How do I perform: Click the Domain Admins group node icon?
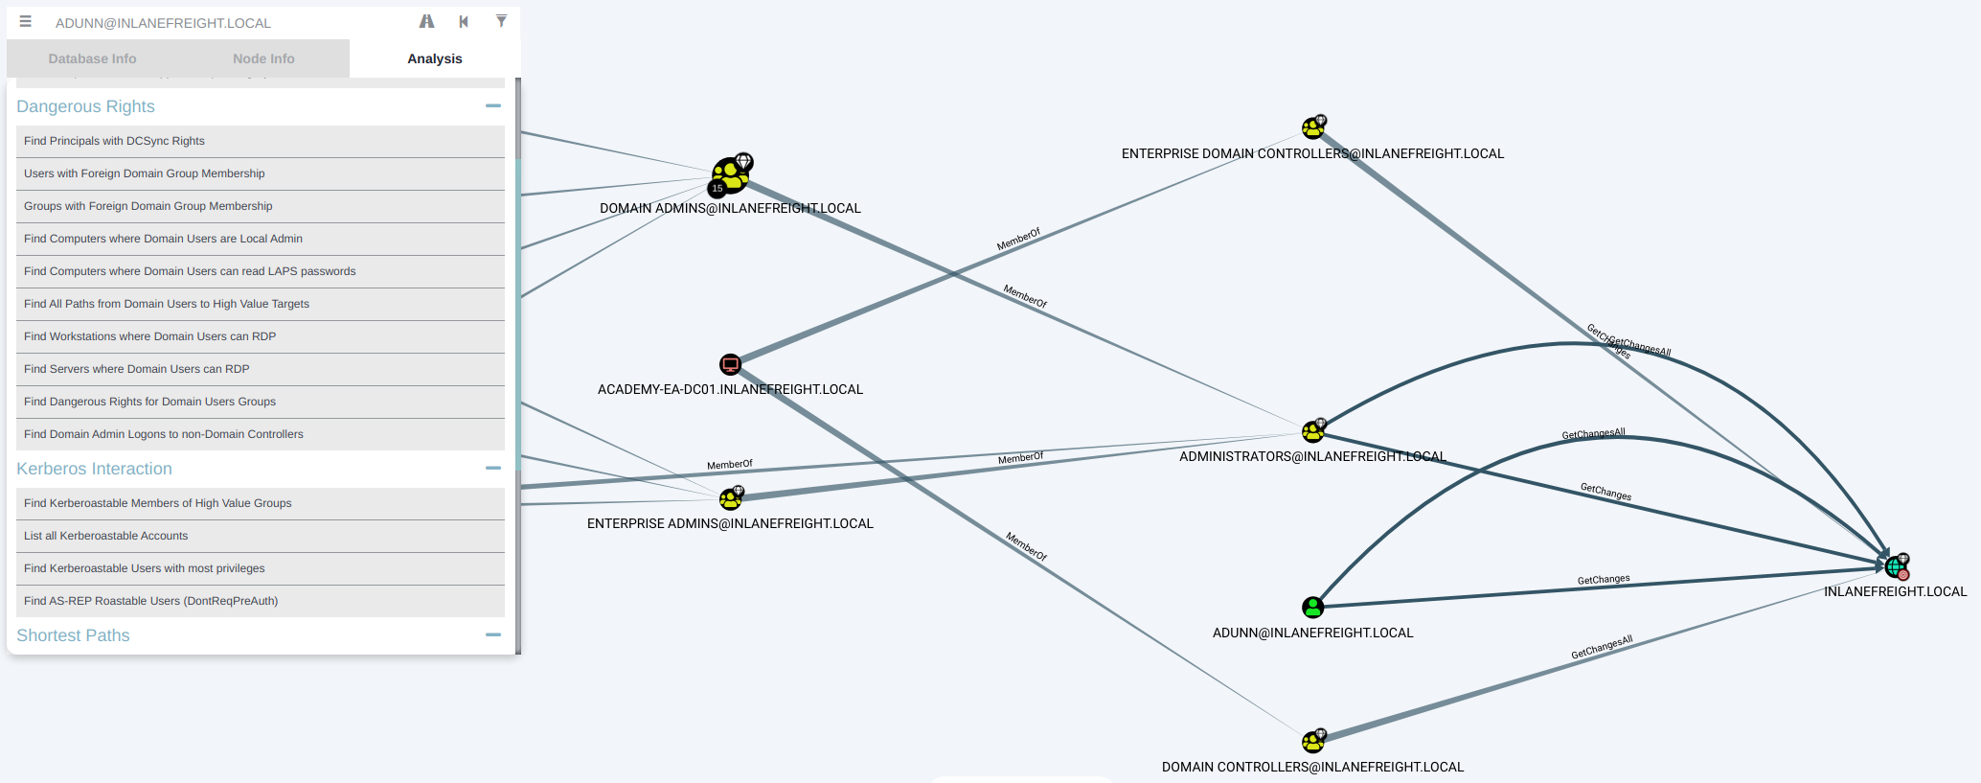(x=731, y=175)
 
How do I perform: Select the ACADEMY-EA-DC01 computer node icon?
(x=730, y=364)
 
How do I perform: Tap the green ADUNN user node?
(x=1312, y=607)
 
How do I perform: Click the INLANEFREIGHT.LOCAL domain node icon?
(x=1895, y=566)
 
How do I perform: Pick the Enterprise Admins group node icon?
(x=730, y=498)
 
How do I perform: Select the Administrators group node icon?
(x=1312, y=431)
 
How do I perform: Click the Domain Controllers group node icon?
(x=1312, y=741)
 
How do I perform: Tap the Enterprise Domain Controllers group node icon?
(x=1312, y=127)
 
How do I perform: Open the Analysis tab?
(x=435, y=58)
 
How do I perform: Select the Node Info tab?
(x=263, y=58)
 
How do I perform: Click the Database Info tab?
(x=92, y=58)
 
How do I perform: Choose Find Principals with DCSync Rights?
(x=114, y=141)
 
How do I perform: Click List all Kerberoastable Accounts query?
(x=105, y=536)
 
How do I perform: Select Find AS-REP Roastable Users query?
(x=150, y=601)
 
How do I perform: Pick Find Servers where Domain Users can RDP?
(x=136, y=369)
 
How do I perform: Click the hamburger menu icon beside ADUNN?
(x=26, y=21)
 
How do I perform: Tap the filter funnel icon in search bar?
(x=501, y=21)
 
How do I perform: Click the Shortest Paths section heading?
(x=73, y=635)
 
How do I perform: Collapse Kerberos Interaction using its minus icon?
(x=493, y=468)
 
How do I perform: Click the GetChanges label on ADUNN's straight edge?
(x=1604, y=580)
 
